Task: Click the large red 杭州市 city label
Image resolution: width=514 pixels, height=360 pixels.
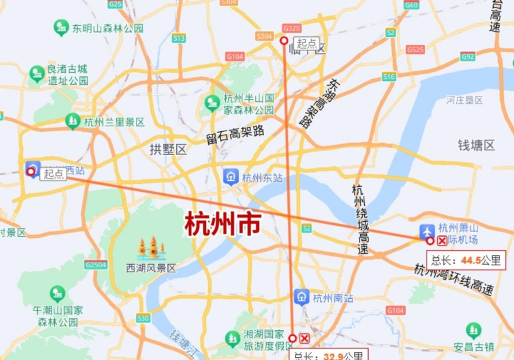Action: click(221, 223)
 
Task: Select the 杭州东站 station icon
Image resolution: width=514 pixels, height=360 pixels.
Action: click(231, 177)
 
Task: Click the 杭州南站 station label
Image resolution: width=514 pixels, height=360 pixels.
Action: click(332, 297)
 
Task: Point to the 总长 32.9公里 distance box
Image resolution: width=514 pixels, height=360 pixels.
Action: click(330, 354)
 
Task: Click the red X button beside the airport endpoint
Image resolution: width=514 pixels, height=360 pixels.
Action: click(441, 241)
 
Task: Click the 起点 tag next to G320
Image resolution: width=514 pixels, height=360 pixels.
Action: click(307, 43)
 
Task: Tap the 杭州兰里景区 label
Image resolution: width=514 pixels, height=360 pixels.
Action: click(115, 122)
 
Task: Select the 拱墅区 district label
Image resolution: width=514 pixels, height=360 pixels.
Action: click(168, 149)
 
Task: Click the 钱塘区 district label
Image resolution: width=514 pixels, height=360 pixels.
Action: click(476, 145)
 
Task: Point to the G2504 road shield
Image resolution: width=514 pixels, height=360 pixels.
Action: click(96, 265)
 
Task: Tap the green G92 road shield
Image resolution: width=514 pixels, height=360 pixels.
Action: click(467, 57)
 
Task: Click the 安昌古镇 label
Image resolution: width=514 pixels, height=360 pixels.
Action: click(473, 346)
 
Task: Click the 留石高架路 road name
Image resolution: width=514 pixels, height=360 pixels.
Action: click(236, 131)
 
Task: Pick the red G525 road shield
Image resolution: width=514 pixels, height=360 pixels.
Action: click(116, 5)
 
